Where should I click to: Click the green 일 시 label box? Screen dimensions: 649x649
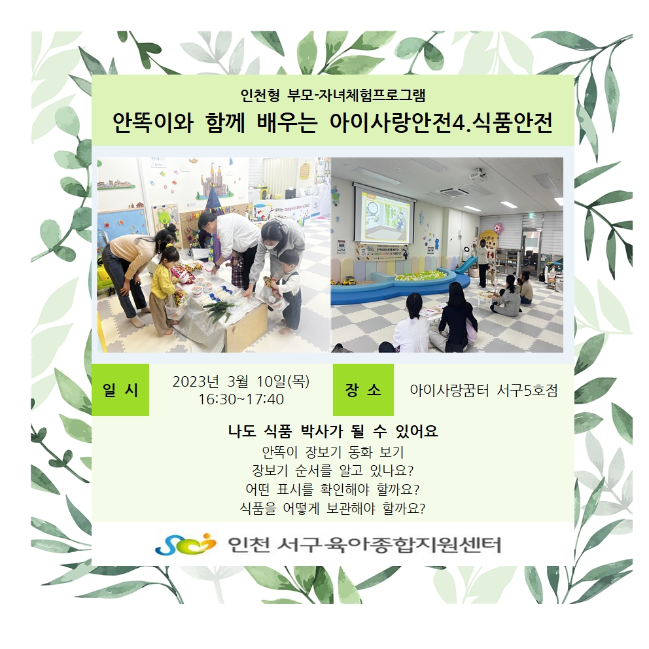click(x=120, y=389)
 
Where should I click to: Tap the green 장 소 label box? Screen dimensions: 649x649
click(x=363, y=389)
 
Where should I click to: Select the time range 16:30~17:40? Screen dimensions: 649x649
click(x=241, y=400)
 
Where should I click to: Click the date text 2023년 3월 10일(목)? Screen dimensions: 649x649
click(x=241, y=381)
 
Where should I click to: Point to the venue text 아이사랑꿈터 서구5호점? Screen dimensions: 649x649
click(x=484, y=390)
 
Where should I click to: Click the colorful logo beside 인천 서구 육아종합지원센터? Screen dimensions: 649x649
click(x=186, y=544)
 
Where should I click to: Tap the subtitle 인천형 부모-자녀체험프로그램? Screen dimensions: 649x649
click(x=333, y=96)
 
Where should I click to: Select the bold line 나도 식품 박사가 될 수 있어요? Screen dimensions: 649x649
click(x=333, y=431)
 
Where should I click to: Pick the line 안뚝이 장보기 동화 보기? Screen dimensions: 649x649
click(x=333, y=451)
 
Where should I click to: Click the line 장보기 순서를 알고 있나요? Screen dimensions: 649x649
click(x=333, y=470)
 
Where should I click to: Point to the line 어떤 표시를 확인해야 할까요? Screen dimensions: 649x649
click(x=333, y=489)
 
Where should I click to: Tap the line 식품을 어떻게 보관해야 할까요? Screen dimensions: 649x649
click(x=333, y=508)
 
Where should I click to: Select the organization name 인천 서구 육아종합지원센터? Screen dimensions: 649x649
click(x=364, y=545)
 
